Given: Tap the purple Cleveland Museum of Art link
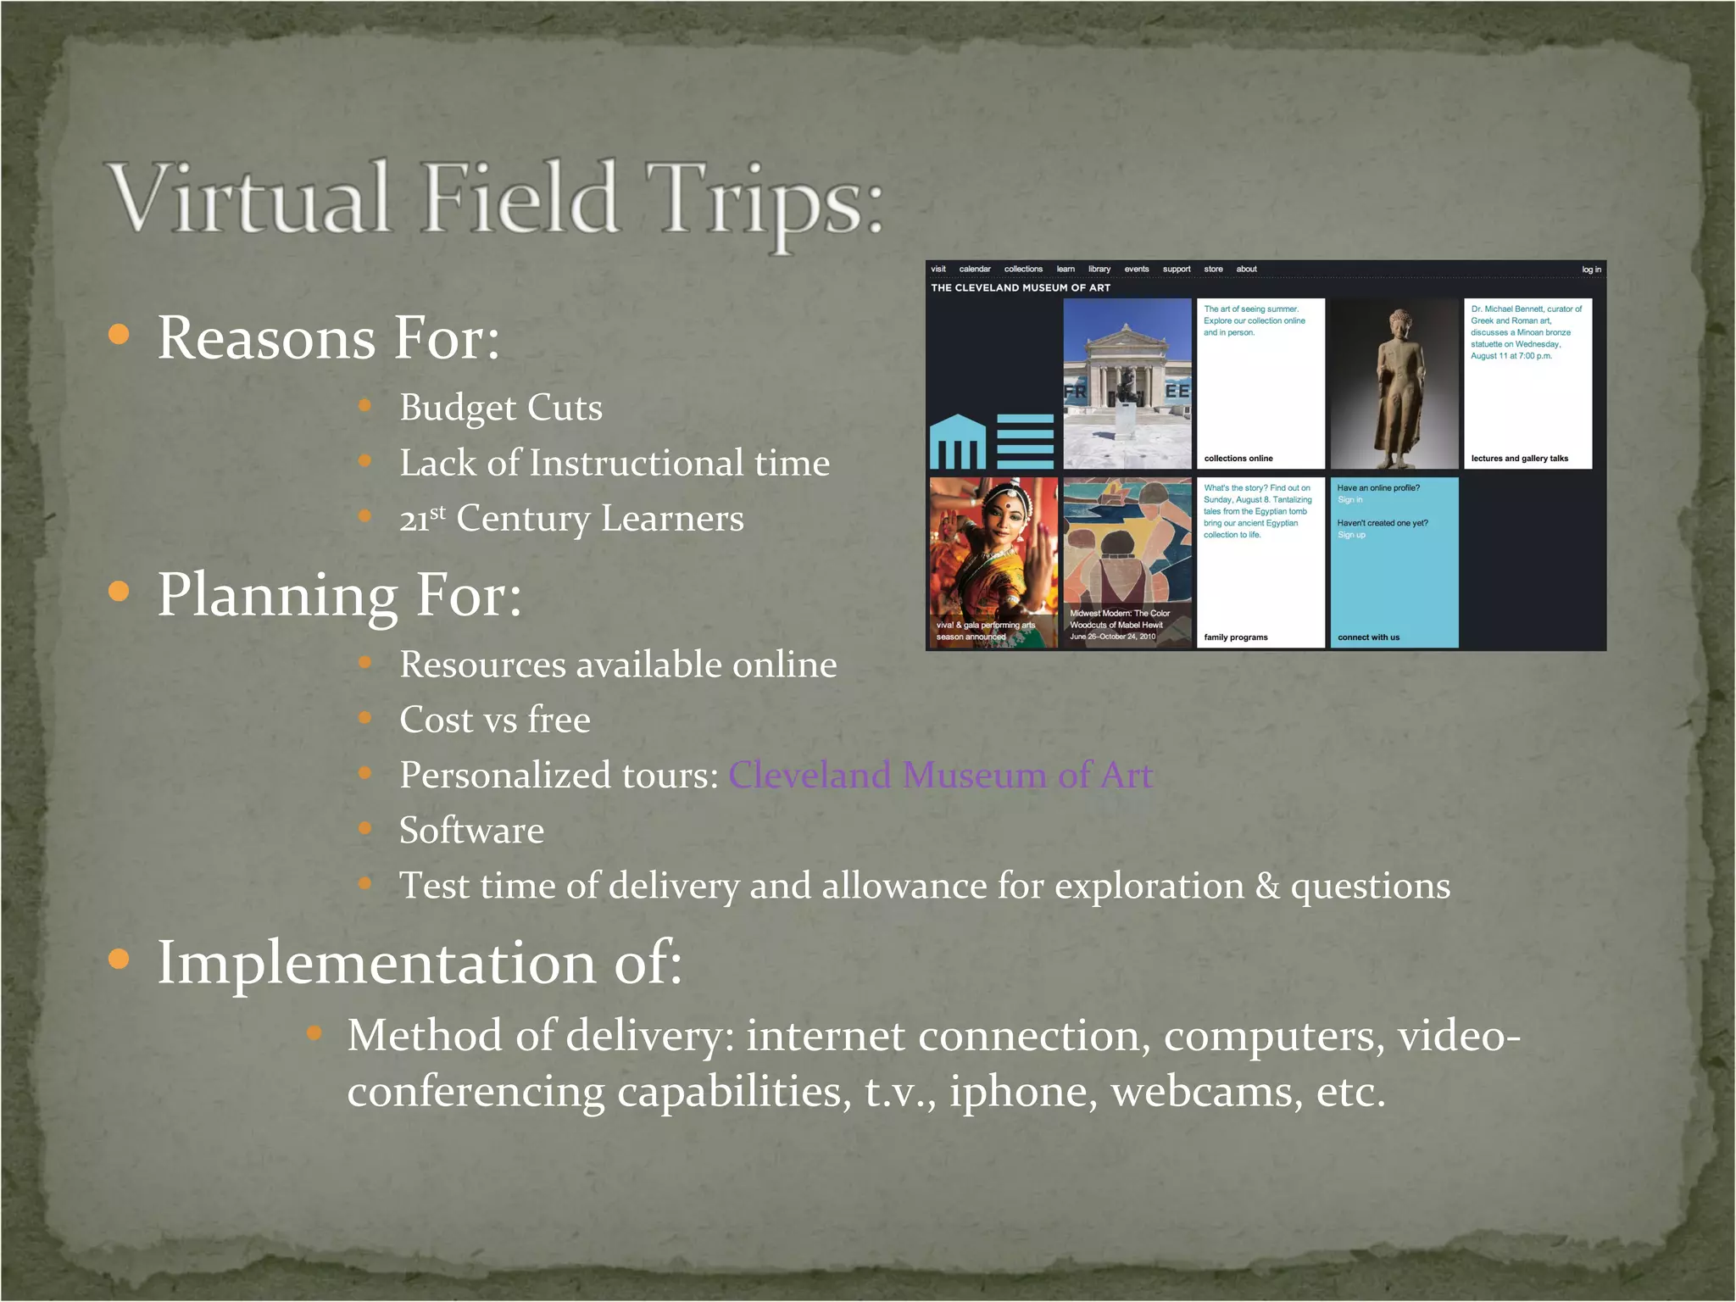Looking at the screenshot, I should [940, 775].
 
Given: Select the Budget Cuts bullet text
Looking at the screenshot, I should [500, 408].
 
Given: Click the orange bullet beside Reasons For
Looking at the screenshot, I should [120, 334].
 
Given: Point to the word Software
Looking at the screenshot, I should [471, 831].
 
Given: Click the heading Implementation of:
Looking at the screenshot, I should [420, 963].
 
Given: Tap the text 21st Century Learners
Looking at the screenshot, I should [571, 519].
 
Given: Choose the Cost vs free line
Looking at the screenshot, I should [494, 721].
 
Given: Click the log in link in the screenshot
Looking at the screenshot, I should [1591, 270].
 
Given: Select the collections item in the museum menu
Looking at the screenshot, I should [1023, 270].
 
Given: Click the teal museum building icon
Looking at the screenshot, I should [958, 442].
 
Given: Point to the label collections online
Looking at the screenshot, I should [1238, 459].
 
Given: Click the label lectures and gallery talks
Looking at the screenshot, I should [1519, 459].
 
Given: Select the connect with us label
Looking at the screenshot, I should [1368, 637].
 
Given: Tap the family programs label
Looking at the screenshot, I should [1236, 637].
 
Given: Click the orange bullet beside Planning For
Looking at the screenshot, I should [120, 591].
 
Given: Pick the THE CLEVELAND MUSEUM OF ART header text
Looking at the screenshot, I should [1021, 288].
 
